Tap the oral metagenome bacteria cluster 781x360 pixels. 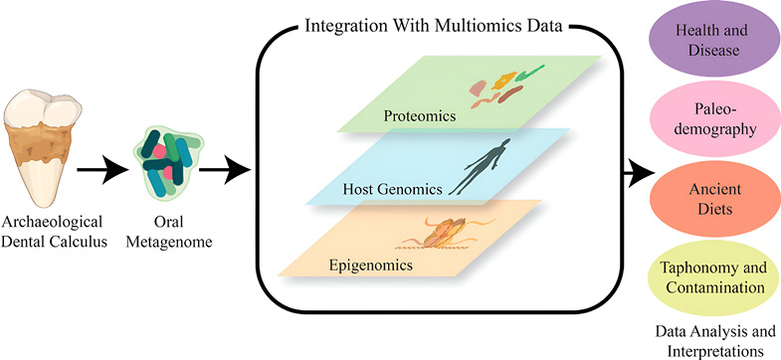tap(163, 158)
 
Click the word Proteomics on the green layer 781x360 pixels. tap(421, 116)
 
